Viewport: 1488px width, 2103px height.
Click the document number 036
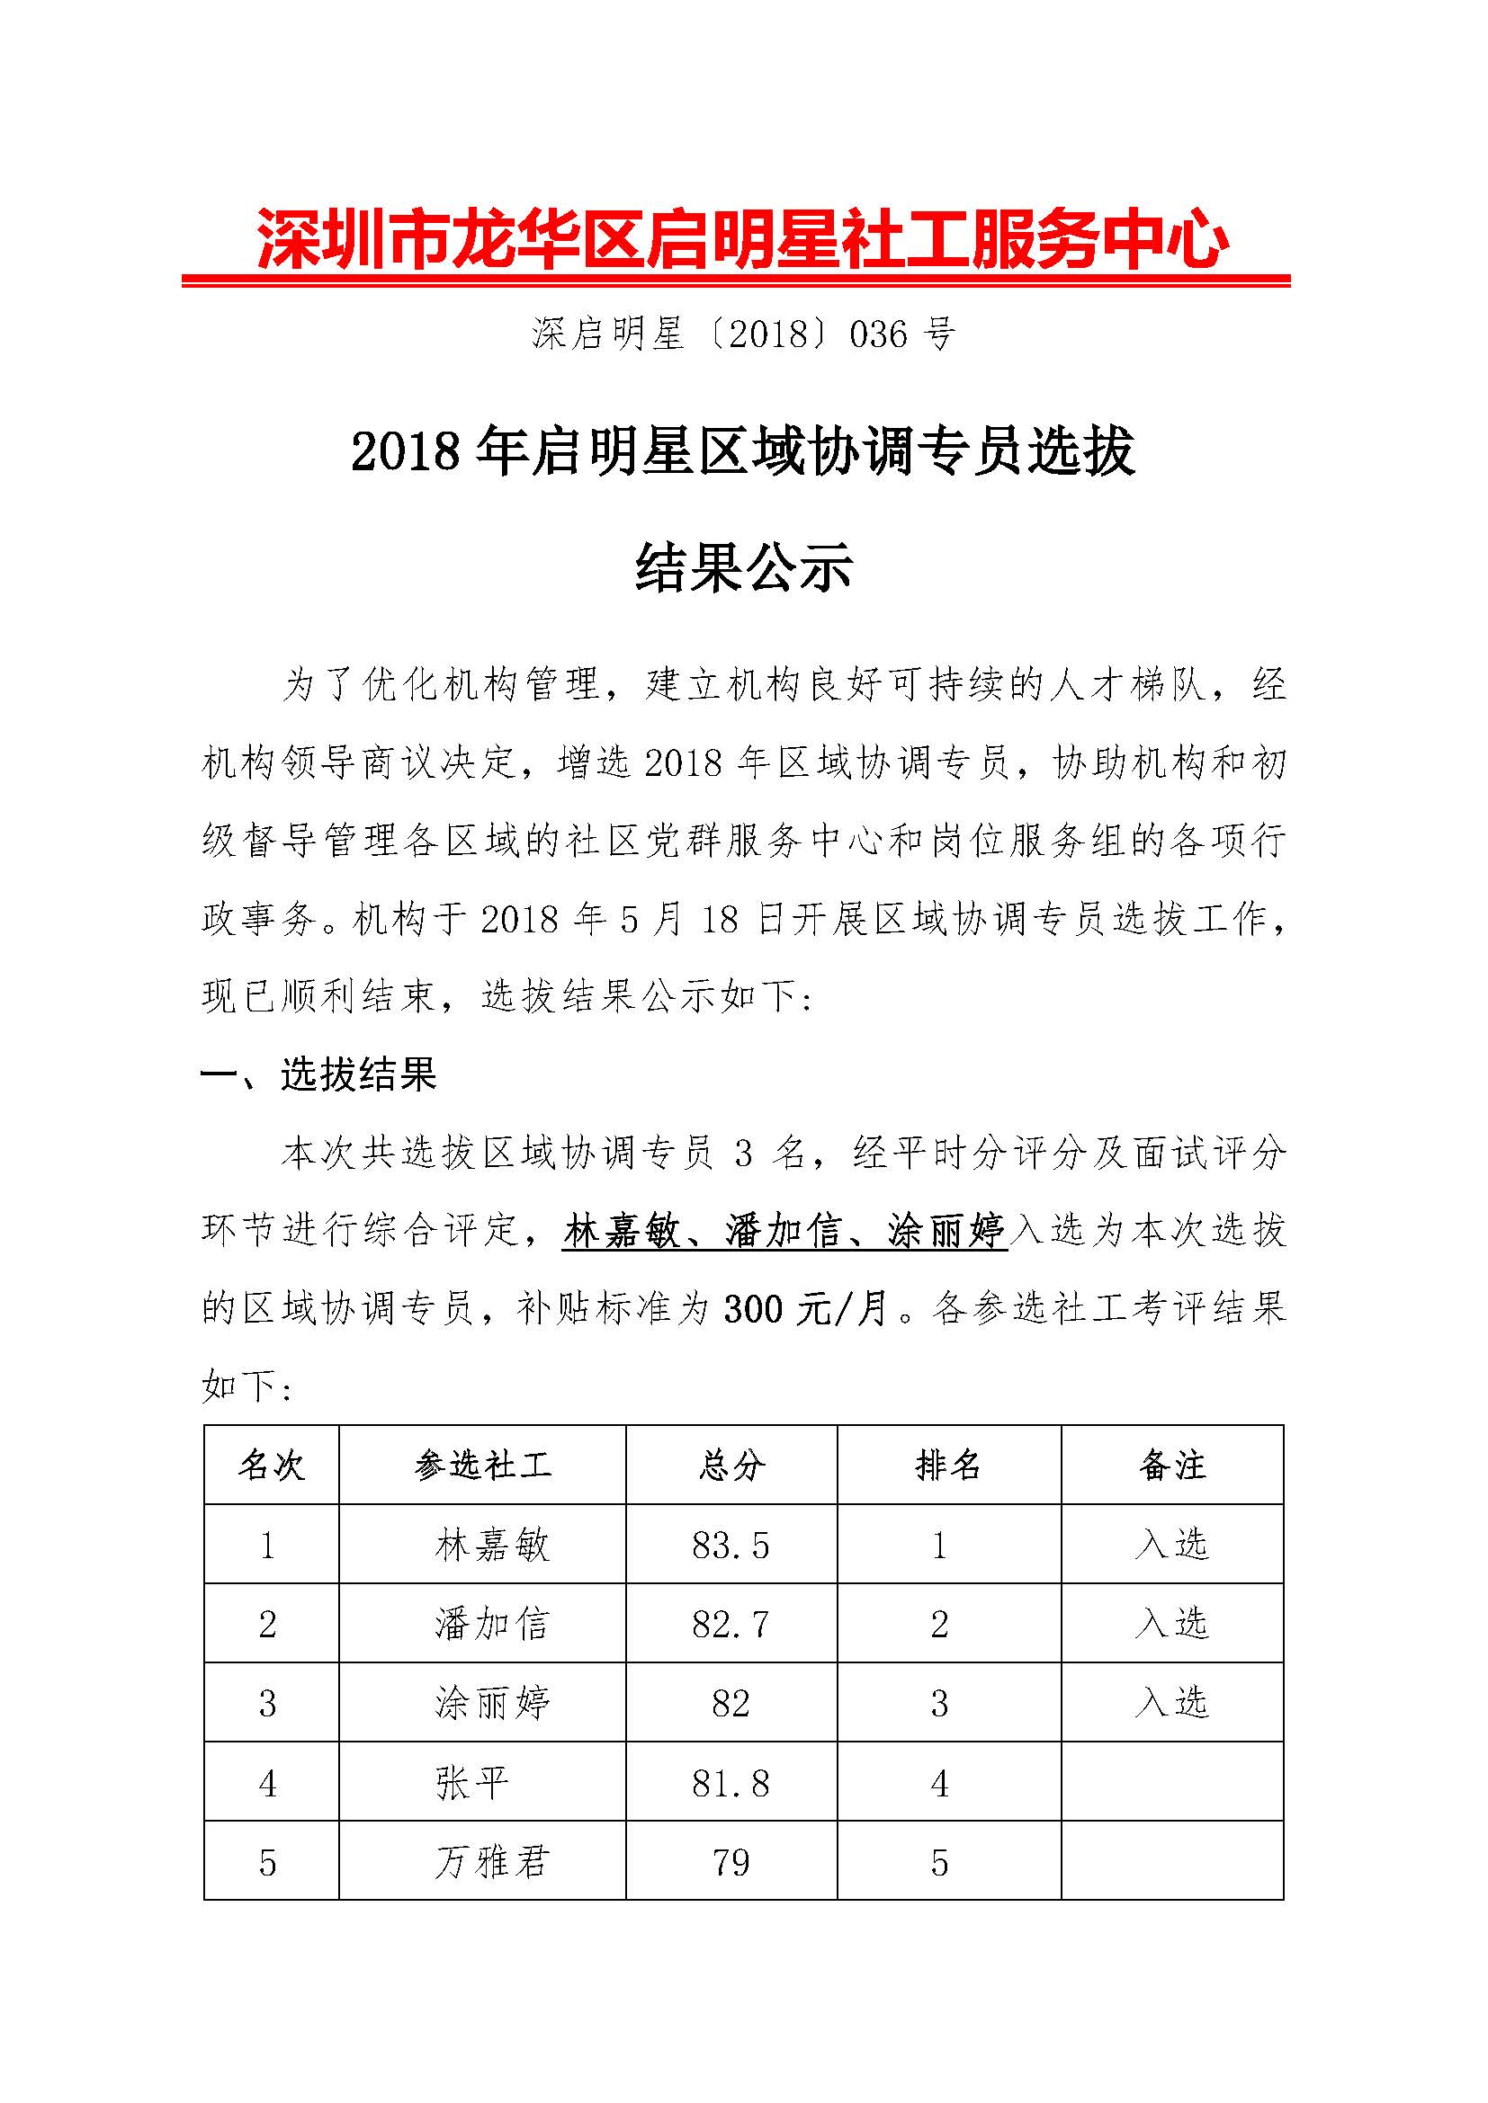coord(879,335)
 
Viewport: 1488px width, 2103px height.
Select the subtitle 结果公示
coord(744,567)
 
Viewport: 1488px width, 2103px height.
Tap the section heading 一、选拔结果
coord(318,1074)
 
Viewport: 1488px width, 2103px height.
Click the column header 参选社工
coord(483,1466)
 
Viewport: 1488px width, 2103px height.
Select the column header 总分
coord(731,1466)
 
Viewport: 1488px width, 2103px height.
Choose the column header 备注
coord(1172,1466)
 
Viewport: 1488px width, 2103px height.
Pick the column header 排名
coord(948,1466)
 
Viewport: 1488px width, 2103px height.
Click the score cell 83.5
coord(731,1546)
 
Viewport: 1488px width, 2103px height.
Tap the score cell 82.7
coord(731,1625)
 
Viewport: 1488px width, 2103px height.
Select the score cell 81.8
coord(731,1783)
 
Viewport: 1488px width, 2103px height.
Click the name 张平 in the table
coord(472,1783)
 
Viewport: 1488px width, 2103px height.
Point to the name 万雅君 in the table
coord(492,1862)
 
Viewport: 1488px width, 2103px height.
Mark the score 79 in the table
coord(731,1862)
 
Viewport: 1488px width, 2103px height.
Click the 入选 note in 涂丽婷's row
coord(1172,1703)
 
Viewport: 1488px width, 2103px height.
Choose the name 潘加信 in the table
coord(492,1625)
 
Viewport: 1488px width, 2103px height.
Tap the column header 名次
coord(270,1466)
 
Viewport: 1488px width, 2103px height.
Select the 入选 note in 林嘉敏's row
coord(1172,1546)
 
